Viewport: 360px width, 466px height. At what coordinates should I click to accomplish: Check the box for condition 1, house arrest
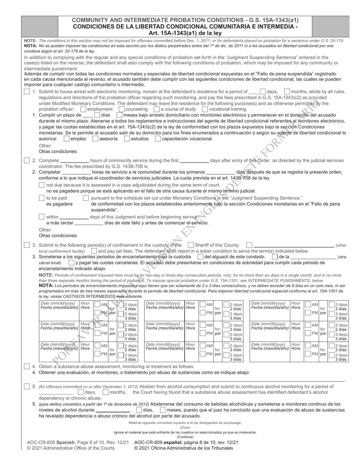pyautogui.click(x=27, y=92)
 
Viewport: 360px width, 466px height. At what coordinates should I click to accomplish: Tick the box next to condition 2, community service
pyautogui.click(x=27, y=160)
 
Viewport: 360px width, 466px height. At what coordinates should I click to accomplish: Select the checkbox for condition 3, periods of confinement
pyautogui.click(x=27, y=245)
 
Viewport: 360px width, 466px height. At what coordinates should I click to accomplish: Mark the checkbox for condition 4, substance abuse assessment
pyautogui.click(x=27, y=366)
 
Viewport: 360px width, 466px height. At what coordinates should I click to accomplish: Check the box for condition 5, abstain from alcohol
pyautogui.click(x=27, y=386)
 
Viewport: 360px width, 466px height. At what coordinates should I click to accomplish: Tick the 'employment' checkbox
pyautogui.click(x=83, y=109)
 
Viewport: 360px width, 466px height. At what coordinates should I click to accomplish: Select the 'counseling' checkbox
pyautogui.click(x=122, y=109)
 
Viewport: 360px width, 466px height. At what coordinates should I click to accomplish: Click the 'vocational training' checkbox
pyautogui.click(x=205, y=109)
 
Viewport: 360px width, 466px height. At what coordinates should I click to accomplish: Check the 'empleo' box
pyautogui.click(x=67, y=139)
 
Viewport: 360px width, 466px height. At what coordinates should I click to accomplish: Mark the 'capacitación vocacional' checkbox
pyautogui.click(x=158, y=139)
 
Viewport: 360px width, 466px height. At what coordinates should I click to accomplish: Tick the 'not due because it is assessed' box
pyautogui.click(x=42, y=185)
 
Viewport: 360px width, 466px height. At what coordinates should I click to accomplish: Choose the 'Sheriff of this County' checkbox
pyautogui.click(x=191, y=245)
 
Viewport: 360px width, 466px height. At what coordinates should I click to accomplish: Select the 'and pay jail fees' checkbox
pyautogui.click(x=94, y=251)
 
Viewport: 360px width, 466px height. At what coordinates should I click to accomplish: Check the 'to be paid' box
pyautogui.click(x=42, y=198)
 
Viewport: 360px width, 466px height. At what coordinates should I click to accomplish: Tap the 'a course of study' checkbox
pyautogui.click(x=157, y=109)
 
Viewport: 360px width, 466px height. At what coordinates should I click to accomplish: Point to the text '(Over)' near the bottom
pyautogui.click(x=185, y=427)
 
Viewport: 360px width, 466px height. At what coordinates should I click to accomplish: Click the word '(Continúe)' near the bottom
pyautogui.click(x=185, y=437)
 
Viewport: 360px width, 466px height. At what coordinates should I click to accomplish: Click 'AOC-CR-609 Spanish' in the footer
pyautogui.click(x=51, y=442)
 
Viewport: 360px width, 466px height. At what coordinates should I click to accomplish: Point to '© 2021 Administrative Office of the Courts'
pyautogui.click(x=71, y=448)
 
